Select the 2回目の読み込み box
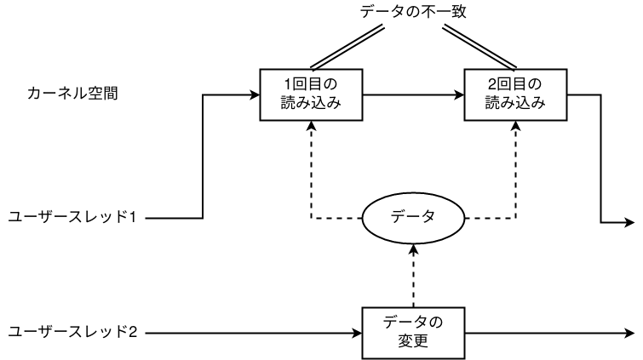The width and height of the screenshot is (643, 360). [x=516, y=94]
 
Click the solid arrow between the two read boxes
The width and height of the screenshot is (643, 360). [x=412, y=94]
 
